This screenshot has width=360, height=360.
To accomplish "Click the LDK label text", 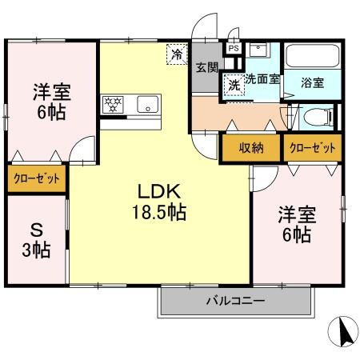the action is coord(159,191).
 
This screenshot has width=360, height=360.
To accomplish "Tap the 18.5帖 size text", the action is coord(159,212).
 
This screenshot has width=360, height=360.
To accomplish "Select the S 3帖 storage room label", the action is coord(36,240).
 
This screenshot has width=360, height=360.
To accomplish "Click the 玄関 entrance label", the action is coord(207,68).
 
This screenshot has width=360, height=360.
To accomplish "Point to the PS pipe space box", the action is coord(234,49).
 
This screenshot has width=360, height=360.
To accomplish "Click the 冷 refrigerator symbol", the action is coord(177,54).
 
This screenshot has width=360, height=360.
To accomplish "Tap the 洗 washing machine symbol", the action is coord(234,85).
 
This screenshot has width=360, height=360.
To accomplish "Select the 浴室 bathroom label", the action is coord(313,82).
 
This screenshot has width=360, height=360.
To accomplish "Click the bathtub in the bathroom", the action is coord(312,56).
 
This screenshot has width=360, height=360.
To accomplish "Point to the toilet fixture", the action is coord(318,117).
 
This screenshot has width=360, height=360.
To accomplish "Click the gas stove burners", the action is coord(113,104).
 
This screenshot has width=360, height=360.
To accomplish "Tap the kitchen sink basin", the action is coord(147,104).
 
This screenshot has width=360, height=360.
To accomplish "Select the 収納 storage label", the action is coord(251,148).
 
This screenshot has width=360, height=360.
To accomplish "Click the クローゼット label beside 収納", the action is coord(313,148).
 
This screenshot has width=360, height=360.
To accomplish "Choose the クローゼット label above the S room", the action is coord(37,178).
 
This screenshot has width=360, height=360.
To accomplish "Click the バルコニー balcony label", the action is coord(236,301).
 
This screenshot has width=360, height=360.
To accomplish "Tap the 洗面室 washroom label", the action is coord(262,79).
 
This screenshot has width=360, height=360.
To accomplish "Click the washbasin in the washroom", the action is coord(258,50).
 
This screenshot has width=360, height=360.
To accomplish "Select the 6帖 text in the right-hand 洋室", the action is coord(297,234).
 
